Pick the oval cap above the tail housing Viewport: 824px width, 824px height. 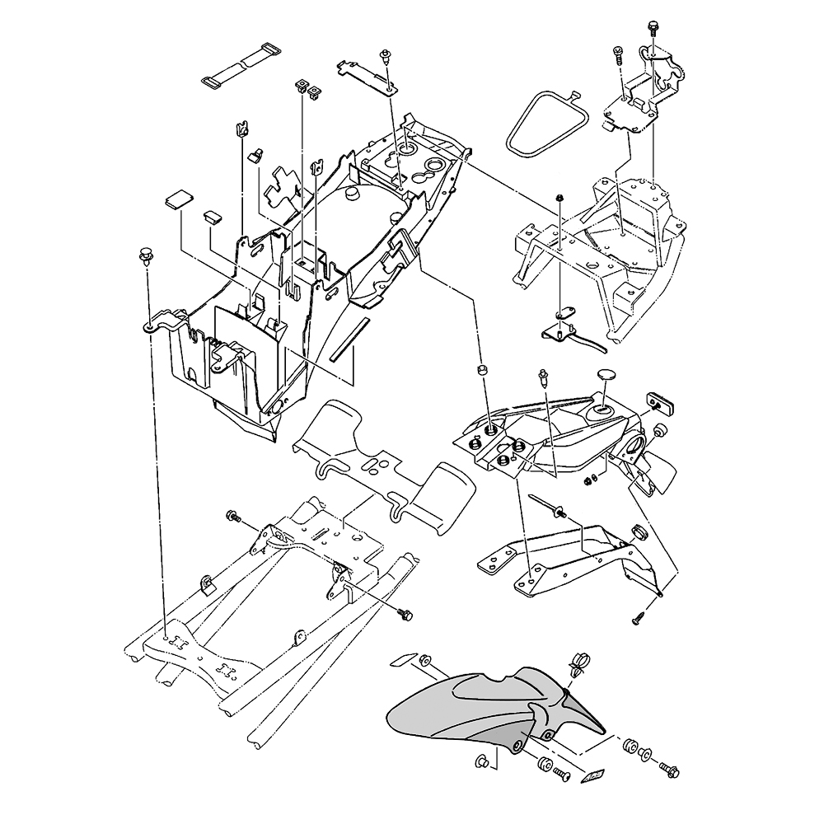click(x=608, y=374)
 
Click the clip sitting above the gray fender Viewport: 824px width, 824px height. click(x=578, y=660)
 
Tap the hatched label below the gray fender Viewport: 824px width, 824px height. click(x=593, y=775)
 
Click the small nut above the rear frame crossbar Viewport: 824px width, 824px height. click(x=559, y=198)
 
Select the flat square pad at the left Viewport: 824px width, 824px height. click(x=179, y=199)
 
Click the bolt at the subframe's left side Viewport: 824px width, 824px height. click(x=233, y=517)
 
